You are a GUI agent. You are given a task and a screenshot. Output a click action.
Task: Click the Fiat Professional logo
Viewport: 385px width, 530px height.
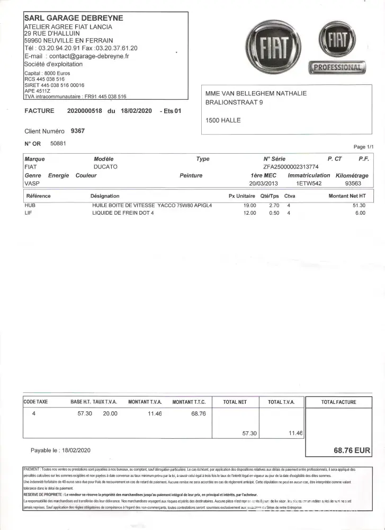pyautogui.click(x=337, y=48)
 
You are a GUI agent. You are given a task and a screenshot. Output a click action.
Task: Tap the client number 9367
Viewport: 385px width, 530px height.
pyautogui.click(x=77, y=131)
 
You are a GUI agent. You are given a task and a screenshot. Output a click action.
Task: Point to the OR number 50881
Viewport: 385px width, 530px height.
pyautogui.click(x=58, y=143)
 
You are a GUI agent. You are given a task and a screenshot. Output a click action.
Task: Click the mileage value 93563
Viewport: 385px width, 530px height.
pyautogui.click(x=353, y=183)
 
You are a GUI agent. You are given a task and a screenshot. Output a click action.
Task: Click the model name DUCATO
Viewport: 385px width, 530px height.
pyautogui.click(x=105, y=167)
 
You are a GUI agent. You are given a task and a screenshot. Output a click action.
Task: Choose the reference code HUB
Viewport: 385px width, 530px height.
pyautogui.click(x=30, y=205)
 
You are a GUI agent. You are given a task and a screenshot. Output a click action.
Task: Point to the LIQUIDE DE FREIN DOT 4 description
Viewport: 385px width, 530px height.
pyautogui.click(x=124, y=213)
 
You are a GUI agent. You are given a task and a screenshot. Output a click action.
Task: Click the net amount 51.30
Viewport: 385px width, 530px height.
pyautogui.click(x=359, y=205)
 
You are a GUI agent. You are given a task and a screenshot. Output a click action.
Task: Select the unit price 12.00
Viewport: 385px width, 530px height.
pyautogui.click(x=249, y=213)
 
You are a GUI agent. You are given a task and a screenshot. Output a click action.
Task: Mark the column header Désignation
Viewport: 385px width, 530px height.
pyautogui.click(x=105, y=196)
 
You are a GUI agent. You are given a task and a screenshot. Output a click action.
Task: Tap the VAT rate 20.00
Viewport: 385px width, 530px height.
pyautogui.click(x=110, y=413)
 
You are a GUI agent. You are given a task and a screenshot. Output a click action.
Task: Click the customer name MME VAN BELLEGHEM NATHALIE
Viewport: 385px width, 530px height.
pyautogui.click(x=256, y=94)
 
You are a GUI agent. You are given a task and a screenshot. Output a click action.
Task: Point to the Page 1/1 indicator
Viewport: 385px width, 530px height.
pyautogui.click(x=363, y=146)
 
